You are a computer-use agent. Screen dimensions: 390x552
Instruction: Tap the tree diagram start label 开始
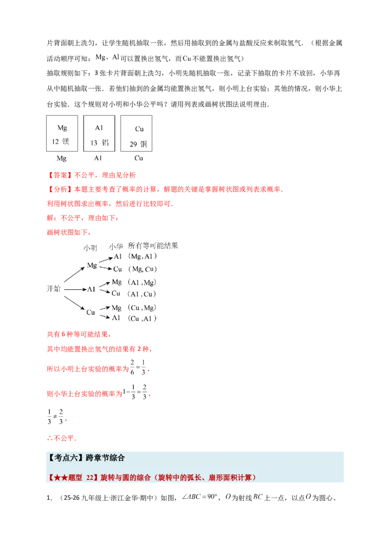(54, 289)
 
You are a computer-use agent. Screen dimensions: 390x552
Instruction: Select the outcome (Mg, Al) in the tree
(142, 256)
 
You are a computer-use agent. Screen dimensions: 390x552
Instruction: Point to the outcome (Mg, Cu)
(142, 269)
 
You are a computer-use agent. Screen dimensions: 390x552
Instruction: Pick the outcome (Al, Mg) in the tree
(142, 282)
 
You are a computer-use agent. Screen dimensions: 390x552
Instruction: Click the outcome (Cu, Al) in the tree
(142, 318)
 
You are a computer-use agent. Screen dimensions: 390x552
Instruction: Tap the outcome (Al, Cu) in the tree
(142, 294)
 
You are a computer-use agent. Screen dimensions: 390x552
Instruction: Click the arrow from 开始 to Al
(76, 290)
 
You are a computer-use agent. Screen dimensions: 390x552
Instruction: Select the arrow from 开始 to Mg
(74, 275)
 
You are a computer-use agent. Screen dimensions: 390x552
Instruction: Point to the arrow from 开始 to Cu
(74, 303)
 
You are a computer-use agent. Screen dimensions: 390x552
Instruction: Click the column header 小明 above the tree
(90, 248)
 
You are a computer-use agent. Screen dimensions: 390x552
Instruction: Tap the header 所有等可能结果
(153, 245)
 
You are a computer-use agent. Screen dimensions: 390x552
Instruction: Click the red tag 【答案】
(60, 175)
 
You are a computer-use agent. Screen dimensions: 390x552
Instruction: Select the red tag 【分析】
(60, 189)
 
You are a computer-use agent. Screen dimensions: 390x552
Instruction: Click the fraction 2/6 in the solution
(132, 367)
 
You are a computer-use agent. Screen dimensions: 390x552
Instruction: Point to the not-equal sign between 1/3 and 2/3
(55, 416)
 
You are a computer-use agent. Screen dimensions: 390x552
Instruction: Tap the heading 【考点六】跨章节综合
(86, 458)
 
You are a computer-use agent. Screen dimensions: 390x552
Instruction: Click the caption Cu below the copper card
(138, 158)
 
